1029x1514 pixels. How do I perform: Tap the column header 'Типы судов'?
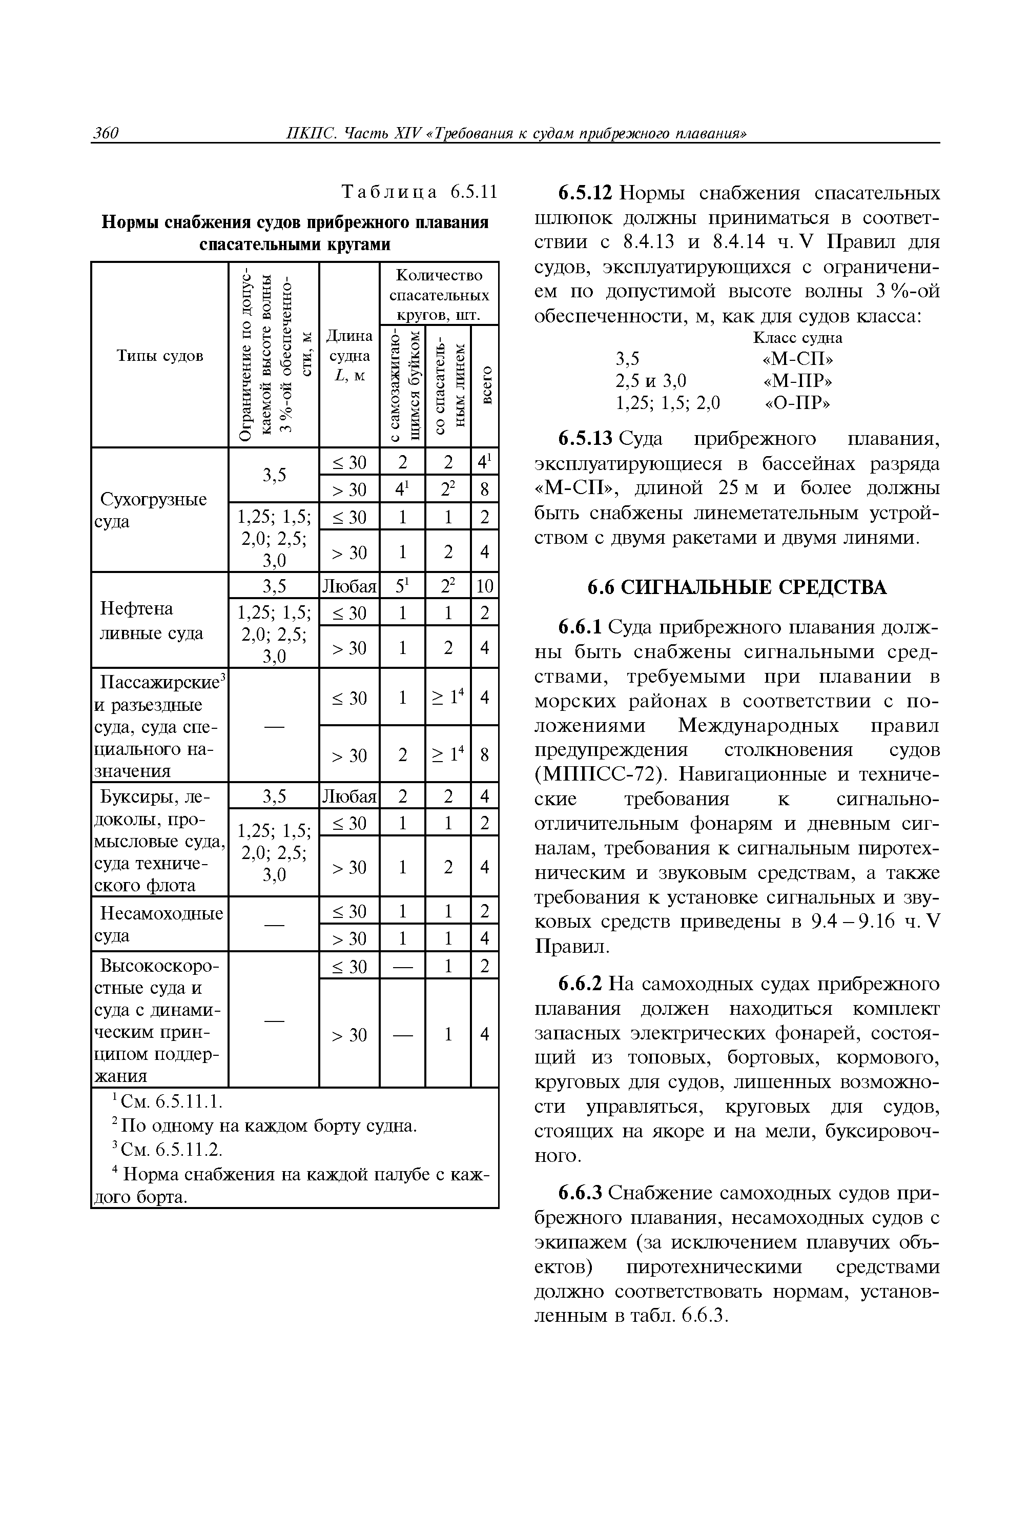pos(159,356)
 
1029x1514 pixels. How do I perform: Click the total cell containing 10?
pos(484,587)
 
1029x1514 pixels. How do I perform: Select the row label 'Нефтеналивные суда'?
pos(151,621)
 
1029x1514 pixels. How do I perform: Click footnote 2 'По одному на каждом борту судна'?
pos(264,1126)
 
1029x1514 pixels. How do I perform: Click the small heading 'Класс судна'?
pos(797,337)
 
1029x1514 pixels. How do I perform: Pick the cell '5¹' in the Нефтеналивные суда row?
pos(402,587)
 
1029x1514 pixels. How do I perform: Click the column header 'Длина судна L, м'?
pos(349,356)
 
